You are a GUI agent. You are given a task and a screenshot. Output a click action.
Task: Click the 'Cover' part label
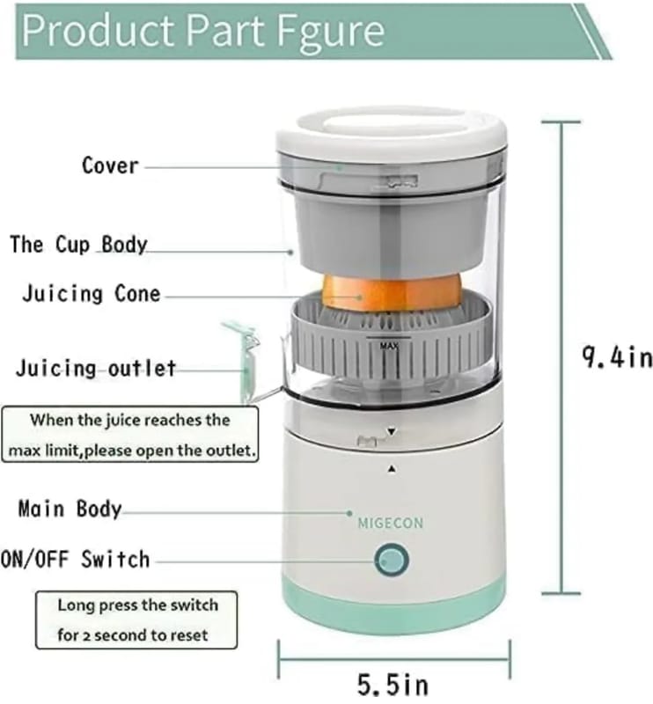[110, 165]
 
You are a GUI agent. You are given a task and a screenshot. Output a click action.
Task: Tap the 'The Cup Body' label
[78, 245]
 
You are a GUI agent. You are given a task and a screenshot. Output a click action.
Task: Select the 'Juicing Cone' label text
[92, 294]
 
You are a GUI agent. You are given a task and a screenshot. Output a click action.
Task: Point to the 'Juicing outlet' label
[96, 368]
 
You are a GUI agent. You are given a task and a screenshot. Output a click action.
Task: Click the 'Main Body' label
[70, 510]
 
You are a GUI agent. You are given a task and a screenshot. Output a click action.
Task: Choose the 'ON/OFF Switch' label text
[75, 560]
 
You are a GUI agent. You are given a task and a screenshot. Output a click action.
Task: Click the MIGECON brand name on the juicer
[390, 523]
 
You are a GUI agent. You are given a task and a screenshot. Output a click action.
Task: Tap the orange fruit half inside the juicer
[392, 293]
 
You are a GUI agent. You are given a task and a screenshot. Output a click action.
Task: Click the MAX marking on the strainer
[389, 346]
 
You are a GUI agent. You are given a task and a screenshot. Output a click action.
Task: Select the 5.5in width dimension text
[393, 685]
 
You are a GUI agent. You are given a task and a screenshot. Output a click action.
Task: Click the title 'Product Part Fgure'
[203, 31]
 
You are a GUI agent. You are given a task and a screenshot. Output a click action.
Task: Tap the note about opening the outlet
[130, 435]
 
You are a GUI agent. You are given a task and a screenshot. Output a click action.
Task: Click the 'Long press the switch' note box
[136, 620]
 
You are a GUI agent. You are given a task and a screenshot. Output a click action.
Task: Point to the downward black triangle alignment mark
[392, 431]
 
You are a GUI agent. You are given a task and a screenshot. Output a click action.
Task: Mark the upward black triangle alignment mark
[392, 469]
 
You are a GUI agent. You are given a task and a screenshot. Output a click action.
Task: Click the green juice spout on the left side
[243, 359]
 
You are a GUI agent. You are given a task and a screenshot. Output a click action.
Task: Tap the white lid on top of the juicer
[392, 130]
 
